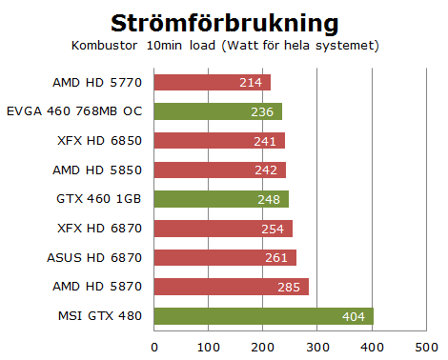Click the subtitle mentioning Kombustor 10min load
pyautogui.click(x=225, y=45)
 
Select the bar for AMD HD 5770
pyautogui.click(x=212, y=83)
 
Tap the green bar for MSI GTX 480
pyautogui.click(x=263, y=316)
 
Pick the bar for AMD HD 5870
pyautogui.click(x=231, y=287)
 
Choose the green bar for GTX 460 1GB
pyautogui.click(x=221, y=199)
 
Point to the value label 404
pyautogui.click(x=355, y=316)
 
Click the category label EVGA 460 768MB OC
pyautogui.click(x=73, y=111)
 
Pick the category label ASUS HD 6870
pyautogui.click(x=93, y=258)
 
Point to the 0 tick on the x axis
pyautogui.click(x=153, y=345)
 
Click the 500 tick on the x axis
pyautogui.click(x=426, y=345)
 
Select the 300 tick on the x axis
pyautogui.click(x=317, y=345)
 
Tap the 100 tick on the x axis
pyautogui.click(x=208, y=345)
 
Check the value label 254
pyautogui.click(x=272, y=229)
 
